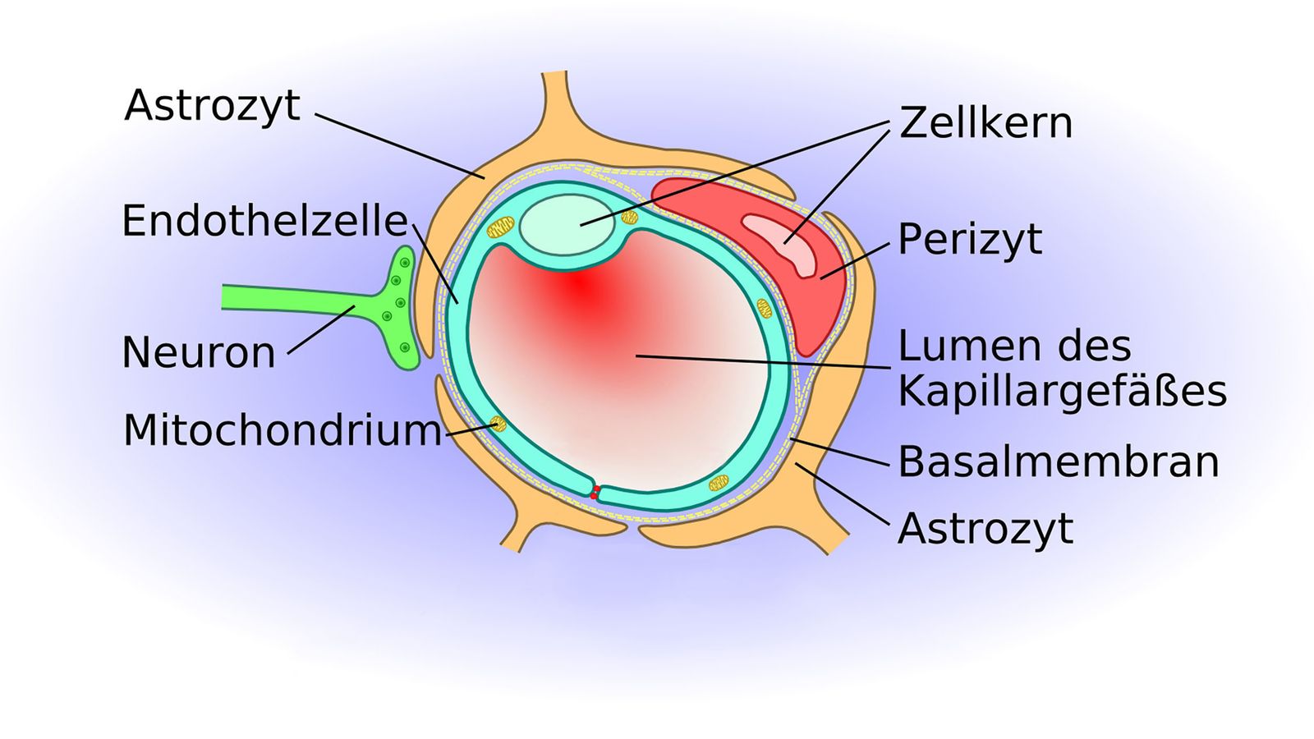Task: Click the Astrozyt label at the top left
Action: [x=213, y=106]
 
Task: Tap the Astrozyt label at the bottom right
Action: [x=985, y=529]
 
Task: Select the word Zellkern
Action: [x=985, y=123]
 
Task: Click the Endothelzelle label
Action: [x=264, y=221]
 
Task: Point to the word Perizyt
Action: [x=970, y=240]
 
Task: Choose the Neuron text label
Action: [x=199, y=352]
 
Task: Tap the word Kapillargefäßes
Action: [x=1063, y=391]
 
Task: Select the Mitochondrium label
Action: [x=283, y=430]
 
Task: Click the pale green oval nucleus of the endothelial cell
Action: [x=567, y=225]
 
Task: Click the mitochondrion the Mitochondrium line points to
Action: [x=498, y=424]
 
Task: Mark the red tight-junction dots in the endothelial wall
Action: [x=595, y=493]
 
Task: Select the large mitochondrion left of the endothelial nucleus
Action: [x=500, y=227]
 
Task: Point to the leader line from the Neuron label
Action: [x=321, y=329]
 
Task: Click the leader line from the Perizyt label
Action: [x=855, y=261]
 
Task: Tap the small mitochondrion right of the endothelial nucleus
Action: [x=629, y=218]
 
